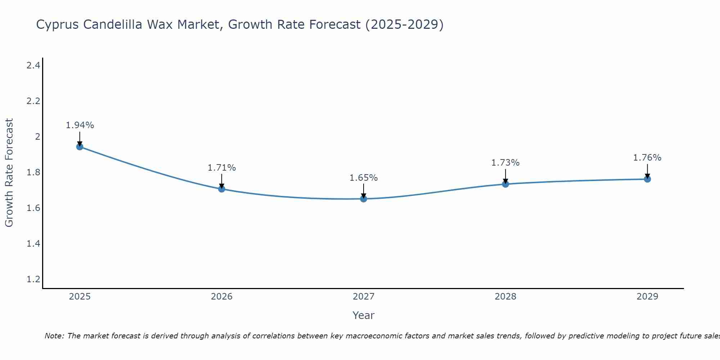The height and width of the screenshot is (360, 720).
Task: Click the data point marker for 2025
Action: point(80,147)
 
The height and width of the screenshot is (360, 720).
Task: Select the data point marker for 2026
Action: point(221,189)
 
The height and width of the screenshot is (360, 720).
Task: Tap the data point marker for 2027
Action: point(364,199)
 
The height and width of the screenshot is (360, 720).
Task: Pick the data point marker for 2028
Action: point(505,184)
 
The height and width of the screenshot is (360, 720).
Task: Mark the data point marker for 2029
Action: point(647,179)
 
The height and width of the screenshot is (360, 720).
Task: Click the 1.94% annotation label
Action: point(80,125)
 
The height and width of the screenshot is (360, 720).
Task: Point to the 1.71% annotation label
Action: point(221,168)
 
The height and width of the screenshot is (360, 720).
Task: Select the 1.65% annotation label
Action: point(364,178)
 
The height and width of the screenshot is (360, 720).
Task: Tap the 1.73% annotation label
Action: point(505,163)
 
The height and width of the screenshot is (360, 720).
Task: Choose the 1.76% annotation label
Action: point(647,158)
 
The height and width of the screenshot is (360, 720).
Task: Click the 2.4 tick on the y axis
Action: point(33,65)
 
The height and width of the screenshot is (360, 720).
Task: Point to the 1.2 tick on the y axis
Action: point(33,279)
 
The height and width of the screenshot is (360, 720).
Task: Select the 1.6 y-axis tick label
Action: point(33,208)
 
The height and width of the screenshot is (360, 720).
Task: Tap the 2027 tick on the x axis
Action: point(364,297)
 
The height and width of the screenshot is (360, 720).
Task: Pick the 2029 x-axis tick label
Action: point(647,297)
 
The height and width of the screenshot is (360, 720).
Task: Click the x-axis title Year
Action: point(364,315)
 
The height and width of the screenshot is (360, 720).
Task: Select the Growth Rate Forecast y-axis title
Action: point(9,172)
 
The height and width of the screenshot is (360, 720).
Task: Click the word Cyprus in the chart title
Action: point(58,24)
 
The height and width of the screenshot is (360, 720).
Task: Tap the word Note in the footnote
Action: point(54,336)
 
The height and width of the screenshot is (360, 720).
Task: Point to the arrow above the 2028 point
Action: point(505,176)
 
